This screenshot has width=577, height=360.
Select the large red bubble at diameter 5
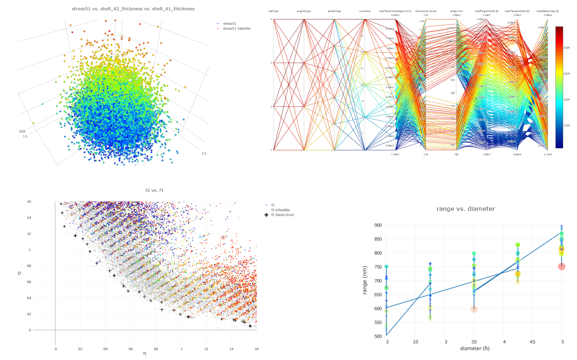click(x=561, y=267)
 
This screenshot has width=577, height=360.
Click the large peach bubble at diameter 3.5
click(x=474, y=309)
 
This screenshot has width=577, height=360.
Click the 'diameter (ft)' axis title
click(x=475, y=349)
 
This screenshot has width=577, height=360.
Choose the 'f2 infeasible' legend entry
click(x=280, y=210)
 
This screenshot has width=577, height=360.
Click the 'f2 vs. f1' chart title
click(x=154, y=190)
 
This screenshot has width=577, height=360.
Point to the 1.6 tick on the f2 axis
click(x=28, y=202)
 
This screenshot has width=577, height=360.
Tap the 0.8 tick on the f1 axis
click(x=156, y=349)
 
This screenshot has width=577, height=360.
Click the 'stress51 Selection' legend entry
click(x=237, y=29)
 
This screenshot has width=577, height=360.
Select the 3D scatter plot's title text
click(x=133, y=9)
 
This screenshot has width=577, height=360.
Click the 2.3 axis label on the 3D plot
click(x=204, y=153)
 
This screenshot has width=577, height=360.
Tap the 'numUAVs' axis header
click(x=365, y=11)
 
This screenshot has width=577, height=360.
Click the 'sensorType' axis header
click(x=334, y=11)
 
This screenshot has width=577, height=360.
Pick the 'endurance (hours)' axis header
click(x=426, y=11)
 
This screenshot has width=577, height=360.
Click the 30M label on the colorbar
click(x=566, y=48)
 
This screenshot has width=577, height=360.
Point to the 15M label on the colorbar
click(x=566, y=126)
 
